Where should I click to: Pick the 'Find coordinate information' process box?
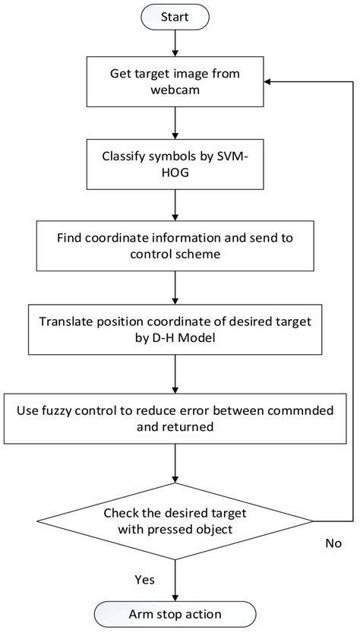(175, 245)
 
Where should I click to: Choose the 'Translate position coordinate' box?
(175, 328)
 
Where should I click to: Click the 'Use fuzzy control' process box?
(175, 418)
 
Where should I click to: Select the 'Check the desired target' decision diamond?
(175, 521)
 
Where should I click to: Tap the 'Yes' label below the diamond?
(144, 579)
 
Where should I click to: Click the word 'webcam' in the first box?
(175, 93)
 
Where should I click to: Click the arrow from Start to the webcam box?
(175, 46)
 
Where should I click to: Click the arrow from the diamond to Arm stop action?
(175, 578)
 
